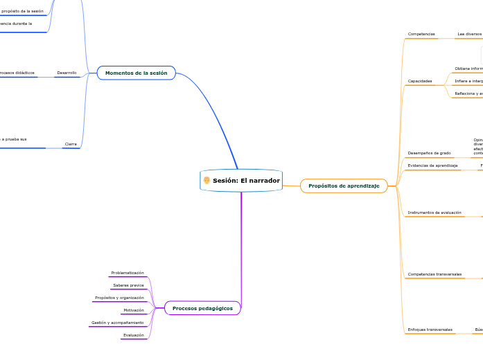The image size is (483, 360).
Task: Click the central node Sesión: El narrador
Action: pos(246,181)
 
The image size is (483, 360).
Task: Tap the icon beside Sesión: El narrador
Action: pos(207,181)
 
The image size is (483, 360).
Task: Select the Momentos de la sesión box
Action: pos(137,73)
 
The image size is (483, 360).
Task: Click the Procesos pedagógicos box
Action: pos(202,308)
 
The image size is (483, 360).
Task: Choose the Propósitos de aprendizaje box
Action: pos(344,186)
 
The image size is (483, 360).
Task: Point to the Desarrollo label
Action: pos(67,73)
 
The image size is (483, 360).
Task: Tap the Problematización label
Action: pos(128,273)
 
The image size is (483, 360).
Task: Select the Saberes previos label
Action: pos(128,285)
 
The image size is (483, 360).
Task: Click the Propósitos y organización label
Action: pos(119,298)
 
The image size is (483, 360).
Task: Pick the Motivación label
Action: pos(134,310)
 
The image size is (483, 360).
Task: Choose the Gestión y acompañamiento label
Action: pos(118,323)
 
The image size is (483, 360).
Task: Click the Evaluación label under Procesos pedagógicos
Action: pos(133,335)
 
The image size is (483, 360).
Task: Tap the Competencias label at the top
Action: pos(421,34)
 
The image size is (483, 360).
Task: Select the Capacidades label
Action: pos(420,81)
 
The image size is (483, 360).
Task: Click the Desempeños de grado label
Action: pos(429,153)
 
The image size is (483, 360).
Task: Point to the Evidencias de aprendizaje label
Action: pos(432,165)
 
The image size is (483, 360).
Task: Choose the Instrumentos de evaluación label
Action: pos(434,213)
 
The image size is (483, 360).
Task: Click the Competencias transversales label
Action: pos(434,274)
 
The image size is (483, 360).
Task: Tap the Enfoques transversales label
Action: pos(430,330)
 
